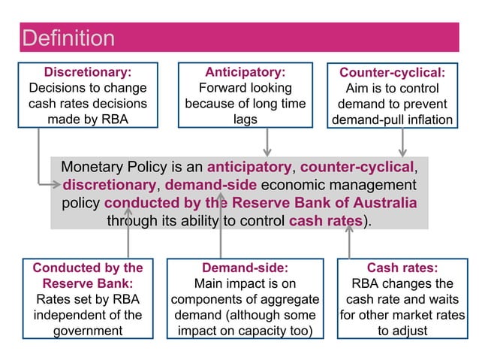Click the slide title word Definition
point(68,38)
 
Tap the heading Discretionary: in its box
point(88,72)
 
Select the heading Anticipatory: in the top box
point(246,72)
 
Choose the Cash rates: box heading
point(402,268)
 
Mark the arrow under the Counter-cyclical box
point(402,142)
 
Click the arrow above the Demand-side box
point(221,225)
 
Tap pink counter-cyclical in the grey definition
point(357,167)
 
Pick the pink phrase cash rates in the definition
point(325,222)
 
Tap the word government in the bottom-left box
point(88,331)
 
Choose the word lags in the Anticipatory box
point(246,119)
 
